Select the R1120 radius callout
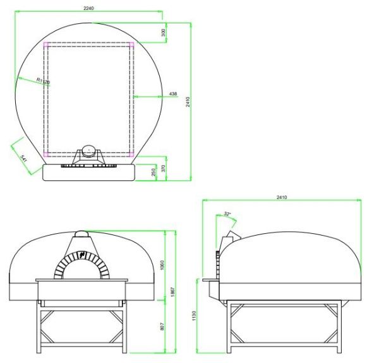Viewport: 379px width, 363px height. coord(42,81)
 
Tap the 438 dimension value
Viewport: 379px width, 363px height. coord(173,94)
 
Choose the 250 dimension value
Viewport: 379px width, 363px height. coord(154,172)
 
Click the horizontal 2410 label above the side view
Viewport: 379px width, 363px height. coord(282,198)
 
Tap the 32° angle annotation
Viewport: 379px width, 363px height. coord(227,214)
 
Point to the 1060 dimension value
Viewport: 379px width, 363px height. coord(163,263)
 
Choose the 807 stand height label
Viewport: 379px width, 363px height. coord(163,326)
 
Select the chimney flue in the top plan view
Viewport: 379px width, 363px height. coord(89,151)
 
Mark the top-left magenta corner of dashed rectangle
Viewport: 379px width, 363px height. coord(46,45)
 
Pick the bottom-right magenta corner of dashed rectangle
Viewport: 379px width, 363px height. coord(131,154)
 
